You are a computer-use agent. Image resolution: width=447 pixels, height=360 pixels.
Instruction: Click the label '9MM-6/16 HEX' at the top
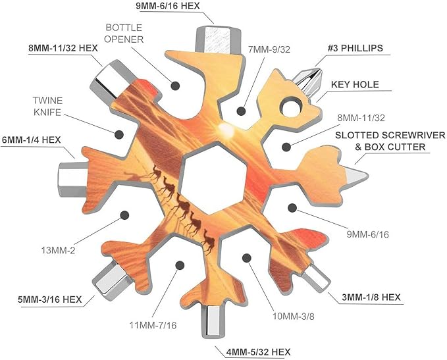point(168,6)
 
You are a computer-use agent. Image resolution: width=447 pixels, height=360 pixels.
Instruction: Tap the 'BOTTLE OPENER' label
point(124,34)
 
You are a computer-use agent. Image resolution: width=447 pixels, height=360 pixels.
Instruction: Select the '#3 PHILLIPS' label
point(355,48)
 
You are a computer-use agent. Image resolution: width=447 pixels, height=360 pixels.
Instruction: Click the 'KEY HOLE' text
point(355,84)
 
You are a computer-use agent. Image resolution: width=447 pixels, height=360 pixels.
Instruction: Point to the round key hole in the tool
point(292,108)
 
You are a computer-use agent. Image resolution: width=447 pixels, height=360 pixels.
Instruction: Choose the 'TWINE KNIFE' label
point(47,107)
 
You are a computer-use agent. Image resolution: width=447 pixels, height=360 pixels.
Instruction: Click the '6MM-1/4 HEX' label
point(32,140)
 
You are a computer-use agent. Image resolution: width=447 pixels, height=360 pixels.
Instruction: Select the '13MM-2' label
point(59,251)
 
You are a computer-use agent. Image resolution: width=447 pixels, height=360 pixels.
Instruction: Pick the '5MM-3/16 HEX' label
point(50,299)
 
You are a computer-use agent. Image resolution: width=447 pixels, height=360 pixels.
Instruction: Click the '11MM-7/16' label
point(153,325)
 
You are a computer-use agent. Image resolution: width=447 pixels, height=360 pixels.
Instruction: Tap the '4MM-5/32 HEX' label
point(258,352)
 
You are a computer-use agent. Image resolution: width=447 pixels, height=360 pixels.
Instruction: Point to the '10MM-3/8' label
point(294,316)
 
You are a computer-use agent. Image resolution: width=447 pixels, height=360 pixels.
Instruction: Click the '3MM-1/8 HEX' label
point(371,297)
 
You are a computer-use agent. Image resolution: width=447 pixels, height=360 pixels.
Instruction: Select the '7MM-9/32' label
point(269,49)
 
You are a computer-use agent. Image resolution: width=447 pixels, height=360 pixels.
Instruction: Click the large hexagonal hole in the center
point(213,179)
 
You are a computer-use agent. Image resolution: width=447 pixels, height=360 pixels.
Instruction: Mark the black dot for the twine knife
point(119,134)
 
